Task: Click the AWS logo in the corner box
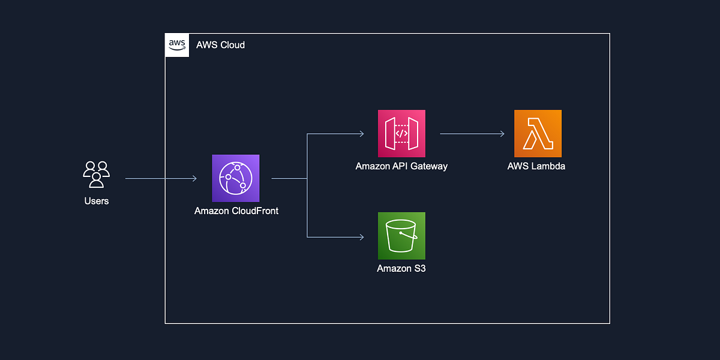[177, 45]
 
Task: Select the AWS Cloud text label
[220, 45]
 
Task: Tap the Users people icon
[96, 175]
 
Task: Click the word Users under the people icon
[96, 201]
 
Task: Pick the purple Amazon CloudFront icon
[236, 178]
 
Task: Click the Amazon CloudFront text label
[236, 211]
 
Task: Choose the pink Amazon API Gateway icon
[401, 133]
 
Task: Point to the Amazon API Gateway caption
[401, 166]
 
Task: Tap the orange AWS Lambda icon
[538, 133]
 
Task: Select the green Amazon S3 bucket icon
[401, 236]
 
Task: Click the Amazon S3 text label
[401, 269]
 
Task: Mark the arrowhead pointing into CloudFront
[194, 178]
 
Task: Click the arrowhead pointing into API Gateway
[361, 134]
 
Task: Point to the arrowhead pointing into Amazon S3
[361, 237]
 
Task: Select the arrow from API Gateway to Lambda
[471, 134]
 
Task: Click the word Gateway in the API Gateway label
[428, 166]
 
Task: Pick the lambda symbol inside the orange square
[538, 134]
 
